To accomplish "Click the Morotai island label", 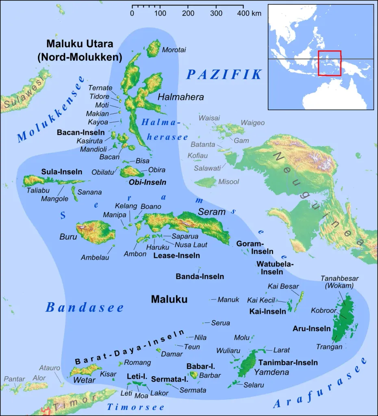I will click(x=174, y=50).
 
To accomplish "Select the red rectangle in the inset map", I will click(x=330, y=63).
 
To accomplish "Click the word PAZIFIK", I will click(x=224, y=74).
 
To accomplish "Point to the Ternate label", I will click(x=100, y=88).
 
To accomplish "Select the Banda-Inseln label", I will click(x=200, y=277).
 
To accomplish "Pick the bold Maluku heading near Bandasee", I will click(x=169, y=299).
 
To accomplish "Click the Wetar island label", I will click(x=84, y=380).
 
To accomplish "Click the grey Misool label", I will click(x=229, y=182).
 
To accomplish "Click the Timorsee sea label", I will click(x=136, y=407).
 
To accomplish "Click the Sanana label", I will click(x=89, y=192).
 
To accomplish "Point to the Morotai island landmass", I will click(x=154, y=48).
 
